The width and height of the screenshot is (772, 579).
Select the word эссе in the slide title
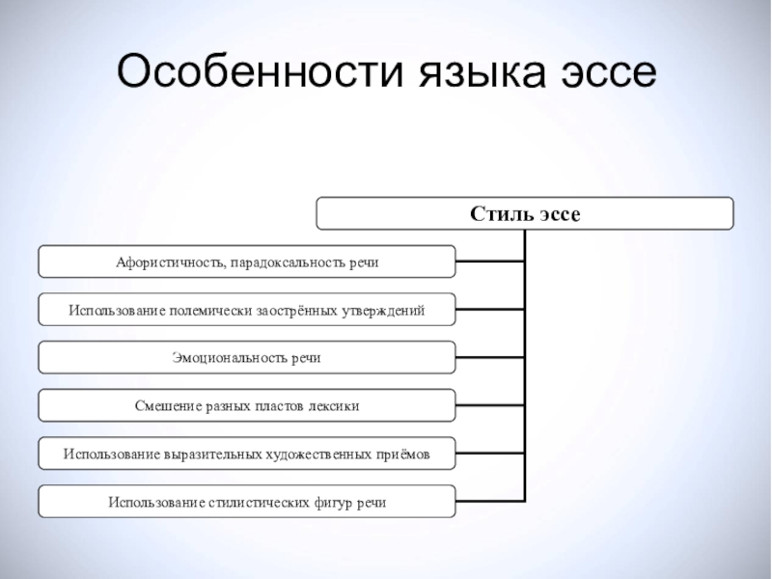607,74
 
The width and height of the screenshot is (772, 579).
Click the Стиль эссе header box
525,213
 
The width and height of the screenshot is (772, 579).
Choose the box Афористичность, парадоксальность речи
246,262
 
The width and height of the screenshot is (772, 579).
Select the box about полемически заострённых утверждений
246,310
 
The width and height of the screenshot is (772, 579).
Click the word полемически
211,310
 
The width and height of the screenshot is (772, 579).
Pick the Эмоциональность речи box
246,357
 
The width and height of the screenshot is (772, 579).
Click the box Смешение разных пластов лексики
246,405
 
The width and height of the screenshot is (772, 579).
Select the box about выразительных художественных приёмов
246,453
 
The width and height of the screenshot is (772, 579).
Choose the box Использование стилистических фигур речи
246,501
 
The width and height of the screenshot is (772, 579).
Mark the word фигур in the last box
329,502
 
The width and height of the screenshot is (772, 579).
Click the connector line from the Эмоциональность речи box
489,357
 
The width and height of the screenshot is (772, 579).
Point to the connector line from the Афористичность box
489,262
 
